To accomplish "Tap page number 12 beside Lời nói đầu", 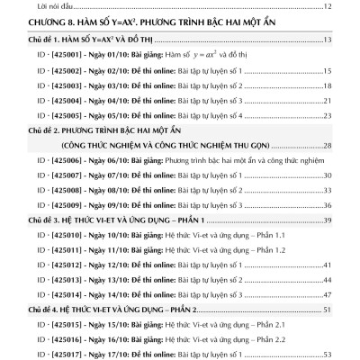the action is (328, 7).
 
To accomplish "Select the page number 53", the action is (328, 354).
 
